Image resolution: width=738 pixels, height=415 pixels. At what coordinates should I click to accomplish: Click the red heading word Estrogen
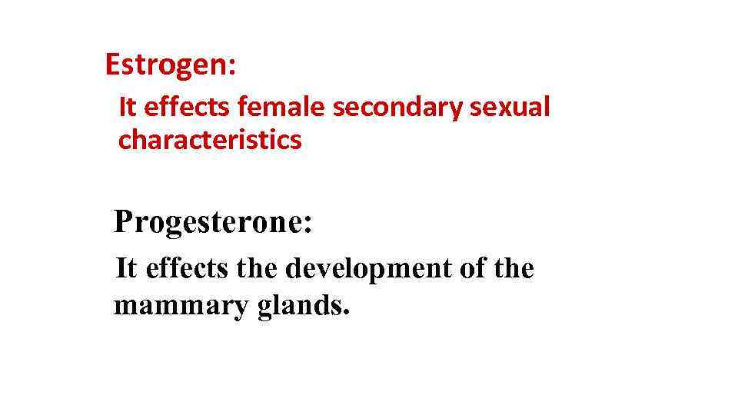(x=166, y=65)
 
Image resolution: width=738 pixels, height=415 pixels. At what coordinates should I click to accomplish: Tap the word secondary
(x=399, y=107)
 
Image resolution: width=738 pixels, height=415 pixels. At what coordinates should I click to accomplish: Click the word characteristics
(x=210, y=140)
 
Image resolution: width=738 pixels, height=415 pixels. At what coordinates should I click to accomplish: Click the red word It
(x=127, y=107)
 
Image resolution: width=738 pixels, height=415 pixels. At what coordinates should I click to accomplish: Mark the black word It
(x=125, y=269)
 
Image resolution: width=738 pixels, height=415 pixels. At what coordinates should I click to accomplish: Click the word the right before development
(x=259, y=269)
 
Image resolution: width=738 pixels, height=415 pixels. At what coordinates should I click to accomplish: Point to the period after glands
(x=347, y=314)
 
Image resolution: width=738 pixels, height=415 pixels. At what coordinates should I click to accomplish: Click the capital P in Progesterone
(x=123, y=222)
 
